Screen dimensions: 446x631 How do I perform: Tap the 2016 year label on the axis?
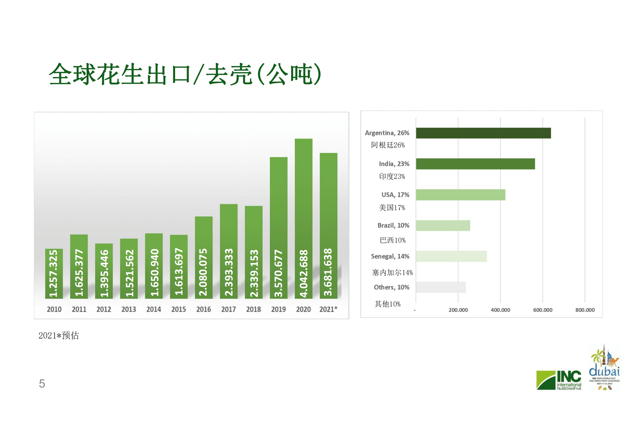203,309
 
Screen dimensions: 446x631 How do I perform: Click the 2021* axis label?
328,309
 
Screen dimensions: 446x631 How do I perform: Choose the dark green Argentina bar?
483,133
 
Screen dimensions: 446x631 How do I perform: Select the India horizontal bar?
475,164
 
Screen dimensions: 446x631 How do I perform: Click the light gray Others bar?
441,287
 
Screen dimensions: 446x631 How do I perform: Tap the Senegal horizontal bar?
451,256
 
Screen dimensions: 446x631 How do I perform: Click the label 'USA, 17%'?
395,195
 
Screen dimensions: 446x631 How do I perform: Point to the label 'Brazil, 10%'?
393,225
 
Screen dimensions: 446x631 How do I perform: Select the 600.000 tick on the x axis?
542,310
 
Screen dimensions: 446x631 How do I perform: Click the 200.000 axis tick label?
458,310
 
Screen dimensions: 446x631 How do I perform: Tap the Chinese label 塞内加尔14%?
392,272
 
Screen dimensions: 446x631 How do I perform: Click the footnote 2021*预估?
59,336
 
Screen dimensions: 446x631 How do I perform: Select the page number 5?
42,384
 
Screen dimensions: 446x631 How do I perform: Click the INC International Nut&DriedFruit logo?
559,380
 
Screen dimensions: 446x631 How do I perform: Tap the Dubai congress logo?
604,368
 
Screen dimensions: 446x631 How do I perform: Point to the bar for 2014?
154,266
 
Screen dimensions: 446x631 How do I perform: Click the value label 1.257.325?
53,273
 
